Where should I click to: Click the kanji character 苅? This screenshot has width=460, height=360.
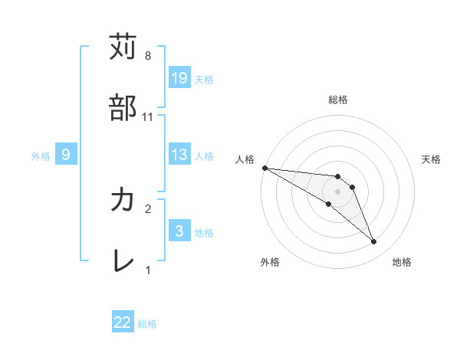tap(123, 47)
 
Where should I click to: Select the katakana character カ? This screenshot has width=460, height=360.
tap(123, 200)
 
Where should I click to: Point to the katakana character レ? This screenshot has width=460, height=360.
tap(123, 261)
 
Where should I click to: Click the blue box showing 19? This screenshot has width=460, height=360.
tap(179, 77)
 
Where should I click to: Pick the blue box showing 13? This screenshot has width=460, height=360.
tap(179, 155)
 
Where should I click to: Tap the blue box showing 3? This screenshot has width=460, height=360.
tap(179, 231)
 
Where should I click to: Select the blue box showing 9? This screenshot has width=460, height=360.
tap(66, 155)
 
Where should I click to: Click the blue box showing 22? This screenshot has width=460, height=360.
tap(123, 322)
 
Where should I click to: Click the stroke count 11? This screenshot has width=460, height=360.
tap(149, 117)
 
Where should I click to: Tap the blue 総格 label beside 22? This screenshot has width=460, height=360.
tap(147, 324)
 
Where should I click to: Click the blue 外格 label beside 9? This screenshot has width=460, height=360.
tap(41, 155)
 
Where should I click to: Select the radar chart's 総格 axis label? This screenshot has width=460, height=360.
tap(337, 100)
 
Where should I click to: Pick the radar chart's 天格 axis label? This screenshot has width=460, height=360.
tap(431, 159)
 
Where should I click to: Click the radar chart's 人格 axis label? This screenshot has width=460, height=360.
tap(245, 159)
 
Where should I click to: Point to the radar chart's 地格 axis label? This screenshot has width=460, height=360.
tap(402, 262)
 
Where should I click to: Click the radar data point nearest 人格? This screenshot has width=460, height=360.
tap(264, 167)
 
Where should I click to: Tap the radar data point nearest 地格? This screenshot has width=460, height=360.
tap(373, 242)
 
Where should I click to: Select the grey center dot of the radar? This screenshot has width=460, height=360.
tap(337, 191)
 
